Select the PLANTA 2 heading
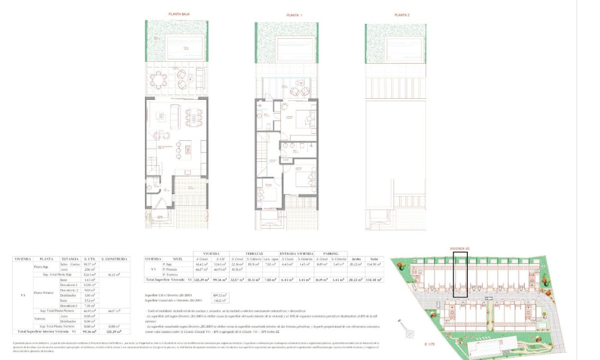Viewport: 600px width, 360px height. [x=402, y=15]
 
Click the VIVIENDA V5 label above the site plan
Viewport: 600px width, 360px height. [x=460, y=248]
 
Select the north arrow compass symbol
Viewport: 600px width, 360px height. [x=409, y=330]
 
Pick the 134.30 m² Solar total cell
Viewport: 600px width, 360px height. [x=375, y=279]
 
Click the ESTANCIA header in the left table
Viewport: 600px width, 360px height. [x=70, y=259]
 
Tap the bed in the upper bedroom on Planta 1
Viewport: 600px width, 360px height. [x=305, y=118]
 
